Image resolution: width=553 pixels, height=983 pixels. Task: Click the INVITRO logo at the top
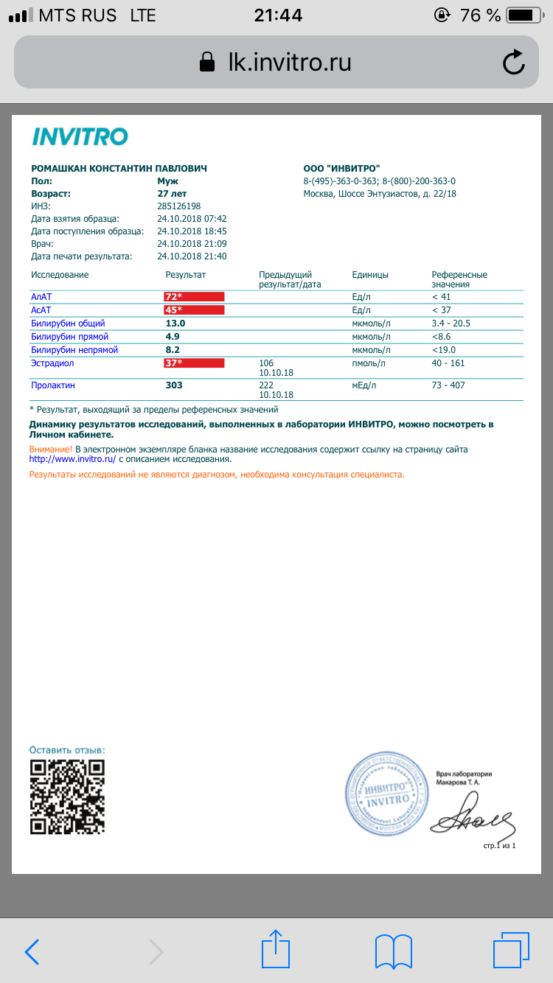(x=80, y=136)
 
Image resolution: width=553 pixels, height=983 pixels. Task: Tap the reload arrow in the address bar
(x=514, y=63)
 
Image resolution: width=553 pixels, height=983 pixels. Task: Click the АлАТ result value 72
(x=173, y=297)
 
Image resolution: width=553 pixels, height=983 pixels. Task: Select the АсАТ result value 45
(x=173, y=310)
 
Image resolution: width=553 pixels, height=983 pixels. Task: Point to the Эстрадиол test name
(x=52, y=363)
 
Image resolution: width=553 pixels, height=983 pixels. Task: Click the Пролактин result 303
(x=174, y=385)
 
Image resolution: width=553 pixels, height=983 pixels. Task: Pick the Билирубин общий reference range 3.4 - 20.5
(x=451, y=323)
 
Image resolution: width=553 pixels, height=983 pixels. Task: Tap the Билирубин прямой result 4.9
(x=173, y=337)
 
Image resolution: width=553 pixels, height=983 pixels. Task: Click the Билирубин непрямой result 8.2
(x=173, y=350)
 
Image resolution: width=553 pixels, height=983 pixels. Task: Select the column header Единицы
(x=370, y=275)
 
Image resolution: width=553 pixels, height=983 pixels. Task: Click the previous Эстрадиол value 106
(x=267, y=363)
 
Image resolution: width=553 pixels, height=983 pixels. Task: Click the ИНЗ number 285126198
(x=179, y=206)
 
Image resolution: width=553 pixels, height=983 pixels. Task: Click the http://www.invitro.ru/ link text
(x=72, y=459)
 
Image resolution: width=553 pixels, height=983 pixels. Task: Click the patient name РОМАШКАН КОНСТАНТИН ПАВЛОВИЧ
(x=119, y=169)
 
